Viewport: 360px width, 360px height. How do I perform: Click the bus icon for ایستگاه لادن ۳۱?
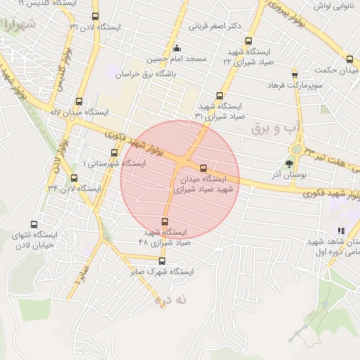96,16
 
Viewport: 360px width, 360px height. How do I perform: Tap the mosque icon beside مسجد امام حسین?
176,49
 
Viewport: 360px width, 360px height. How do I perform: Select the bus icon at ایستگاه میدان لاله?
78,101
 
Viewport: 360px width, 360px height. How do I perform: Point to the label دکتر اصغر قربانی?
215,27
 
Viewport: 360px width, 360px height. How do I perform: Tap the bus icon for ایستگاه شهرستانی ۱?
114,153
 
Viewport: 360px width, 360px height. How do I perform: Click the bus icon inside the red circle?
203,168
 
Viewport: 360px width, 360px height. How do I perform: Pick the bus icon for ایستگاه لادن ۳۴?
75,178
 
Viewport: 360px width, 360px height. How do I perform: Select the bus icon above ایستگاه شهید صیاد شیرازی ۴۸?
165,222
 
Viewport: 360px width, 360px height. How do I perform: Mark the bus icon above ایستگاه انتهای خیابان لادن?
34,224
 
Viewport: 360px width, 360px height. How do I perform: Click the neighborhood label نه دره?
173,299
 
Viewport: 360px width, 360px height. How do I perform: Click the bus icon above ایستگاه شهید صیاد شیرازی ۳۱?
219,96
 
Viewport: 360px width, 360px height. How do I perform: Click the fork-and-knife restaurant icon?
342,230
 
